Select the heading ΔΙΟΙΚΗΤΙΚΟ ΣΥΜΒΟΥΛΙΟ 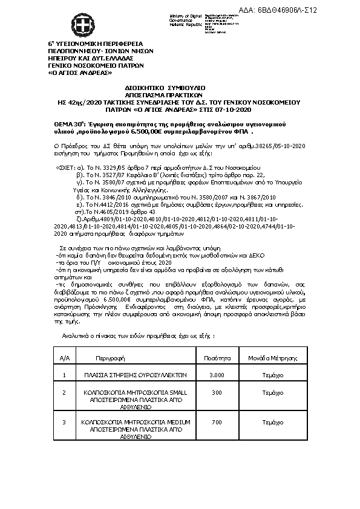pos(179,87)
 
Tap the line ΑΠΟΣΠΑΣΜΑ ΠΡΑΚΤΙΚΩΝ pos(179,94)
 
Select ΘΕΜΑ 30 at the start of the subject pos(71,123)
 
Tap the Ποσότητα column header pos(216,357)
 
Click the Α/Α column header pos(65,358)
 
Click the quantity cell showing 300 pos(216,392)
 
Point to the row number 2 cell pos(65,392)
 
